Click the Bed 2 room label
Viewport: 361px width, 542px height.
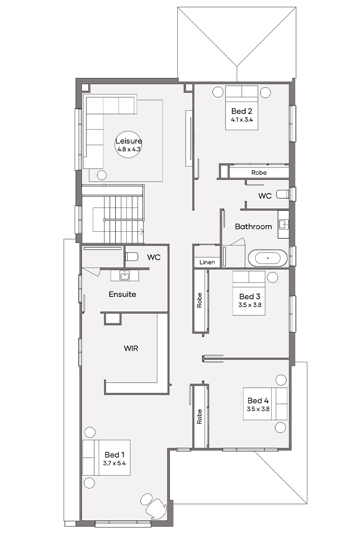tap(242, 111)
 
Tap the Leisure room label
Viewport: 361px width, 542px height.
tap(129, 141)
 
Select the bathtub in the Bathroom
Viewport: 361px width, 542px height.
tap(268, 258)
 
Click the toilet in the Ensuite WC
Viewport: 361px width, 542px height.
tap(131, 257)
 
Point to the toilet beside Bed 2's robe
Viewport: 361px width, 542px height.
tap(283, 194)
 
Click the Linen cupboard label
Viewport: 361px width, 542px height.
tap(207, 262)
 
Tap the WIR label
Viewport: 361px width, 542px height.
tap(131, 348)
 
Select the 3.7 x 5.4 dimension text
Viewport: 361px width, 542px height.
tap(114, 463)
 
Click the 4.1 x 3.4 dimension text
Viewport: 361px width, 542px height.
tap(242, 120)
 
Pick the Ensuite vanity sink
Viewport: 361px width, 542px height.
tap(124, 276)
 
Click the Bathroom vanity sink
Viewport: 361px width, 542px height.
tap(284, 224)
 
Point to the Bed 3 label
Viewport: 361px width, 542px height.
tap(250, 296)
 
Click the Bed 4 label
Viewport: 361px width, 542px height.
tap(258, 401)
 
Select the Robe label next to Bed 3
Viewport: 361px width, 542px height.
tap(199, 300)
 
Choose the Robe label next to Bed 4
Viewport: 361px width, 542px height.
tap(199, 417)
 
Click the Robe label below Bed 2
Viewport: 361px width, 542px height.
tap(259, 172)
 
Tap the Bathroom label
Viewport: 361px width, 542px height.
tap(253, 227)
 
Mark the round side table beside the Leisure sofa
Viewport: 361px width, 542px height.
tap(101, 175)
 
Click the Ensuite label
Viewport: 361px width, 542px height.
tap(122, 295)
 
